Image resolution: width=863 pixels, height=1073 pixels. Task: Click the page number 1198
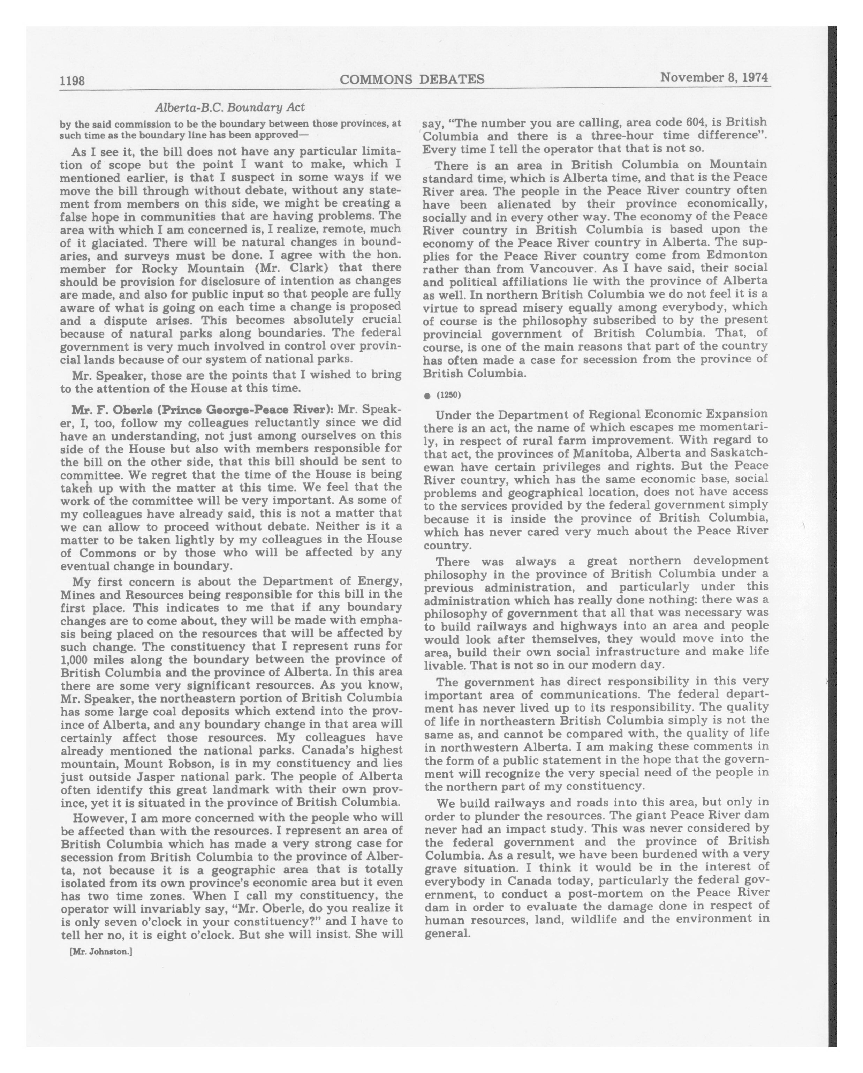pyautogui.click(x=72, y=81)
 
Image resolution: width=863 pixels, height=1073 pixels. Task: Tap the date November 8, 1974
pyautogui.click(x=714, y=78)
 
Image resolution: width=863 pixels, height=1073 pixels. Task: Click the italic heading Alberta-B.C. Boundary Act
pyautogui.click(x=230, y=107)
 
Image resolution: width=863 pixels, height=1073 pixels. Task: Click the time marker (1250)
pyautogui.click(x=449, y=395)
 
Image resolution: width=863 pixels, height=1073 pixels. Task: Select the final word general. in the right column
pyautogui.click(x=448, y=933)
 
